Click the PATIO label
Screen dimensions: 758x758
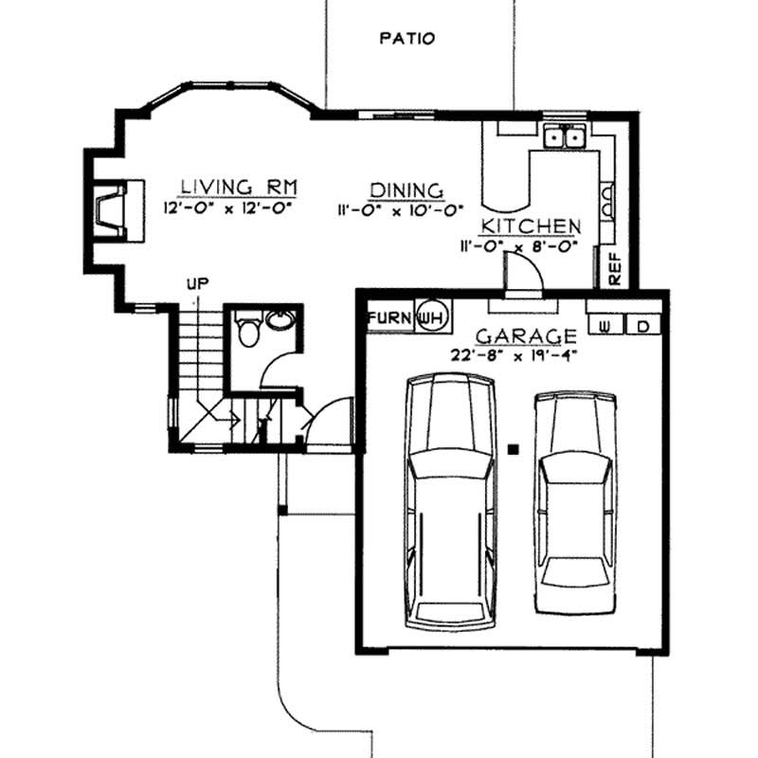pos(406,39)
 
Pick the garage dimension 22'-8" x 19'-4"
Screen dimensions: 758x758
pos(514,356)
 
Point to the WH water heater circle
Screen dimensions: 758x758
pos(431,316)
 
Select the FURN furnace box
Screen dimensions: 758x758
pos(389,316)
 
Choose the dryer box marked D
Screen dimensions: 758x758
pos(642,326)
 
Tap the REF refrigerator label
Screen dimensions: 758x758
pos(613,269)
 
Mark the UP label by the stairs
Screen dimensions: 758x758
pos(197,282)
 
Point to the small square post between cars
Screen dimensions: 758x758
pos(513,449)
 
